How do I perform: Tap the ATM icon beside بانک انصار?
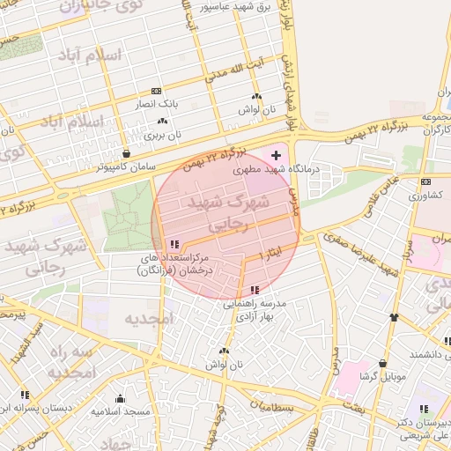click(x=156, y=91)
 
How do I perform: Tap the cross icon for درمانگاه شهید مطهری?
click(x=276, y=155)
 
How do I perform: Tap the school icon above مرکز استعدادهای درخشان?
click(x=174, y=244)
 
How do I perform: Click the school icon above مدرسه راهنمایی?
click(x=255, y=290)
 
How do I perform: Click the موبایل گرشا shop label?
click(x=382, y=376)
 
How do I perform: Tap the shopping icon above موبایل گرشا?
click(x=382, y=363)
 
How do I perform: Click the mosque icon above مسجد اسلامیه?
click(x=120, y=399)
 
